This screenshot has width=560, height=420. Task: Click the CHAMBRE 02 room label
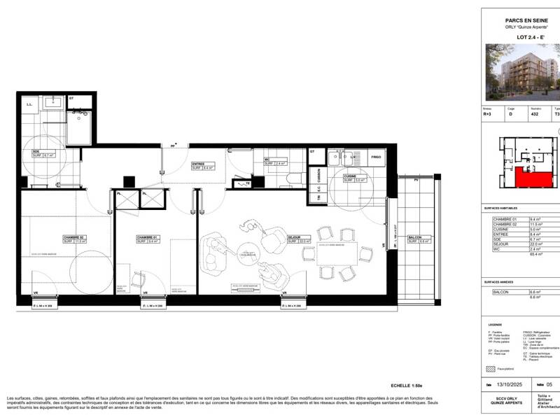click(73, 237)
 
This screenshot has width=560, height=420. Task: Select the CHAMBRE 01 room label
click(148, 237)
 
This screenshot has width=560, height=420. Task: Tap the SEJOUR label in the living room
click(295, 237)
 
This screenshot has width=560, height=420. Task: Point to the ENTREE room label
click(202, 164)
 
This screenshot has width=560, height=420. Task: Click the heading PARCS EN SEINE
click(520, 21)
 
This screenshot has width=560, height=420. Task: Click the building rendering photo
click(522, 72)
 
